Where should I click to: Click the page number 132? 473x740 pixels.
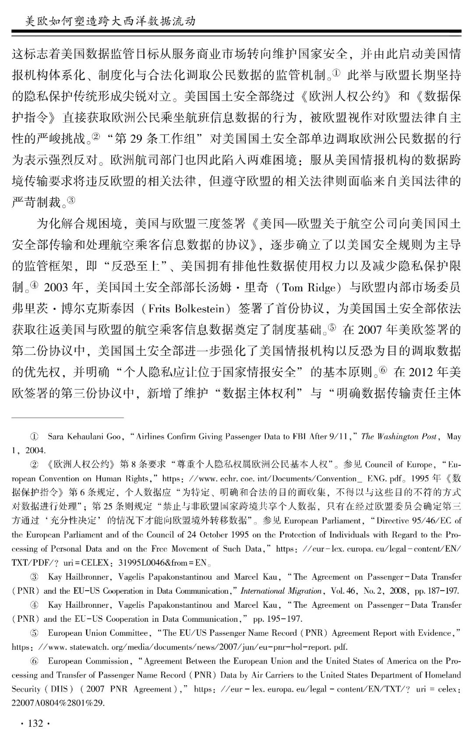point(35,723)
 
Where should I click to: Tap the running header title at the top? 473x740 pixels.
point(110,21)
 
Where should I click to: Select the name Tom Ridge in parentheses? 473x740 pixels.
point(311,288)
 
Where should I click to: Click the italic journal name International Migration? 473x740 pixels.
point(281,591)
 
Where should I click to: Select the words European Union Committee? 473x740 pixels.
point(98,633)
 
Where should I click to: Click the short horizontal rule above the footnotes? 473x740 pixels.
point(67,418)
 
